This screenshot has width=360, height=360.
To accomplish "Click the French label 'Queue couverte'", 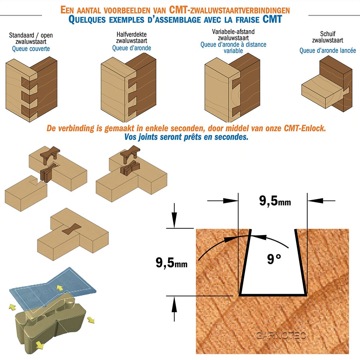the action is [31, 49].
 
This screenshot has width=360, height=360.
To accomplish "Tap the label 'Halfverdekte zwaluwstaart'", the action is [131, 37].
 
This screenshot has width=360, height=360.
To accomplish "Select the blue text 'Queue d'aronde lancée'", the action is [328, 50].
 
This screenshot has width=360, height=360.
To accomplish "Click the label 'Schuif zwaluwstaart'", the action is [328, 37].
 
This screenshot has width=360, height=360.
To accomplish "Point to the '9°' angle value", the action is [274, 259].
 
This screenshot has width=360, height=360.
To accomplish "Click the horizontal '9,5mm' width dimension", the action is [275, 201].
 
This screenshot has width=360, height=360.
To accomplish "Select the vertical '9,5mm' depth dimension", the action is [171, 262].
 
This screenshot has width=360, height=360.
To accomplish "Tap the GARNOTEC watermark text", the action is [281, 336].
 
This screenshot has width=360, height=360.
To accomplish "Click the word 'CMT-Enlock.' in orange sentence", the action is [305, 128].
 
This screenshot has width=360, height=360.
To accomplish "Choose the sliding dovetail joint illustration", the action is [327, 84].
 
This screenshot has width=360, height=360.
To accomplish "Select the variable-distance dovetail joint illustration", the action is [232, 88].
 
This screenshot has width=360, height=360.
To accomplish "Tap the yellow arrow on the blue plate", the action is [60, 288].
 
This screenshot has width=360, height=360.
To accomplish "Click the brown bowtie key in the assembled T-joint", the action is [72, 229].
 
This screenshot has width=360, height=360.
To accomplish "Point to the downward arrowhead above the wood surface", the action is [174, 220].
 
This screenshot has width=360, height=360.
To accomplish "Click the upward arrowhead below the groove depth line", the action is [174, 304].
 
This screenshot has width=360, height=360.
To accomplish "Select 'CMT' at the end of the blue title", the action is [272, 19].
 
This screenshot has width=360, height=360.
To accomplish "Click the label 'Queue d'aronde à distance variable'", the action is [233, 48].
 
